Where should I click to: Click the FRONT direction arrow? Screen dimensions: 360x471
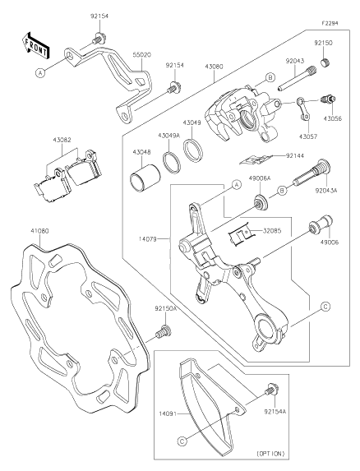pyautogui.click(x=35, y=45)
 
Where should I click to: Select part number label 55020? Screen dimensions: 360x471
pyautogui.click(x=142, y=55)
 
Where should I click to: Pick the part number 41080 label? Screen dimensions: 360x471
pyautogui.click(x=39, y=231)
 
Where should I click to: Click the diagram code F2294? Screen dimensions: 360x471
pyautogui.click(x=330, y=23)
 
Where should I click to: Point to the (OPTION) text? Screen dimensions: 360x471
pyautogui.click(x=270, y=453)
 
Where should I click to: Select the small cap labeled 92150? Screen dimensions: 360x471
pyautogui.click(x=325, y=63)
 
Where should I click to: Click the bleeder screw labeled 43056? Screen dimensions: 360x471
pyautogui.click(x=329, y=99)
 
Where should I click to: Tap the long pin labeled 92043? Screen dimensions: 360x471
pyautogui.click(x=295, y=78)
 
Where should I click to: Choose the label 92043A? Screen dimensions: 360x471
pyautogui.click(x=325, y=190)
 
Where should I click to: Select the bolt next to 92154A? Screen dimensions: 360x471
pyautogui.click(x=271, y=390)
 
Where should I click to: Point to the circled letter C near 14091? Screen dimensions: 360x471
pyautogui.click(x=182, y=441)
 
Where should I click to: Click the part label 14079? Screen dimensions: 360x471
pyautogui.click(x=148, y=239)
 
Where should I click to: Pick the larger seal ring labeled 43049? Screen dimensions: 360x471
pyautogui.click(x=193, y=150)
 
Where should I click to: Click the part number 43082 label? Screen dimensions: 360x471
pyautogui.click(x=62, y=140)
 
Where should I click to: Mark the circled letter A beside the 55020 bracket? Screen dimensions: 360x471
pyautogui.click(x=40, y=72)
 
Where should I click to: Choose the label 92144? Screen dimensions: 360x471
pyautogui.click(x=295, y=155)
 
